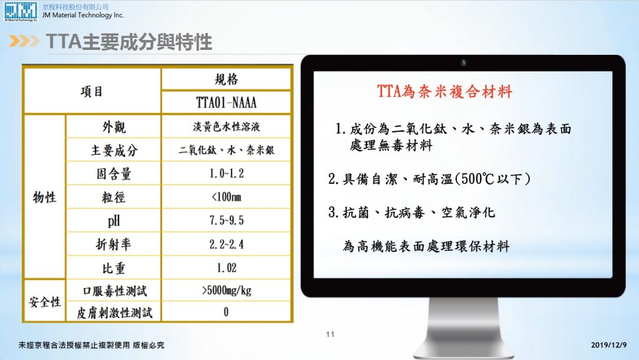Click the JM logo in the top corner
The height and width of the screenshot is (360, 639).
coord(21,11)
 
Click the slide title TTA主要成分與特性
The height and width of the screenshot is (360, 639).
coord(129,42)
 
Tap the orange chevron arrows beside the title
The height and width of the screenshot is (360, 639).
coord(24,41)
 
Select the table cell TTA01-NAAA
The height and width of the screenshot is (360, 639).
coord(226,102)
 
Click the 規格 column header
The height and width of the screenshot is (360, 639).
coord(226,79)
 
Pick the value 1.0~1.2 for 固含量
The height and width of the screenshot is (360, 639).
coord(227,173)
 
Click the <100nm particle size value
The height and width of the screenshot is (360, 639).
coord(227,197)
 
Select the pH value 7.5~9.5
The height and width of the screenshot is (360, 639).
coord(227,220)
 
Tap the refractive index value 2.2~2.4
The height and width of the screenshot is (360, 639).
coord(227,245)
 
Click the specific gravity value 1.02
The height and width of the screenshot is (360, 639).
coord(227,268)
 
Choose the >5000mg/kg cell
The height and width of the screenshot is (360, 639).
coord(227,290)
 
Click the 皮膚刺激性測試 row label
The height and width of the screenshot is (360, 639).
coord(115,313)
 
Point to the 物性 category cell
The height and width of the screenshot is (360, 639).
coord(44,198)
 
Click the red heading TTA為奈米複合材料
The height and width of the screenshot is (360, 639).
coord(444,91)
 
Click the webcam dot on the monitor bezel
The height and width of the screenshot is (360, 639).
coord(464,62)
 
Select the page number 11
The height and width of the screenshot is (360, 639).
coord(330,334)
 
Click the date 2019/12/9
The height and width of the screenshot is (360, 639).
coord(609,345)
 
